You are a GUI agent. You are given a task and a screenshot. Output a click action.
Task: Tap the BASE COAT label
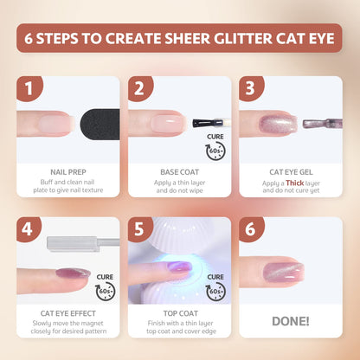180,171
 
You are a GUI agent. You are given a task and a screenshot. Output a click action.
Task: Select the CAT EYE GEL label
290,171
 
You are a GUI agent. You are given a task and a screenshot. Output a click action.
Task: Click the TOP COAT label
180,313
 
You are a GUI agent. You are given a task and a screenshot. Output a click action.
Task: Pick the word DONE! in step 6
290,319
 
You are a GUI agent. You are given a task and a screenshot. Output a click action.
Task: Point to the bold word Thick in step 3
294,183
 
